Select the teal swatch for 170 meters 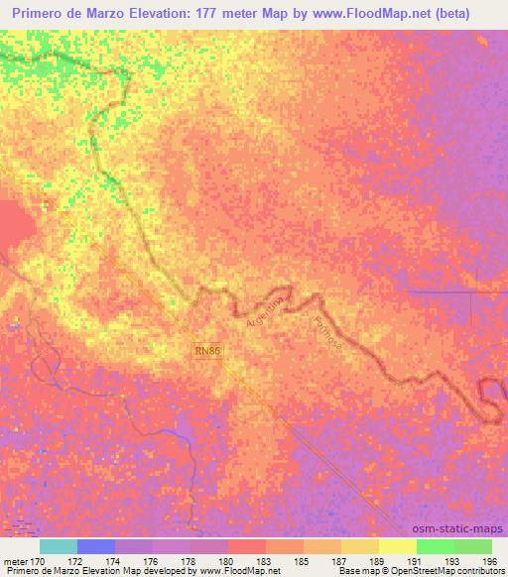coord(59,546)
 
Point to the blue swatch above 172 coord(96,546)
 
